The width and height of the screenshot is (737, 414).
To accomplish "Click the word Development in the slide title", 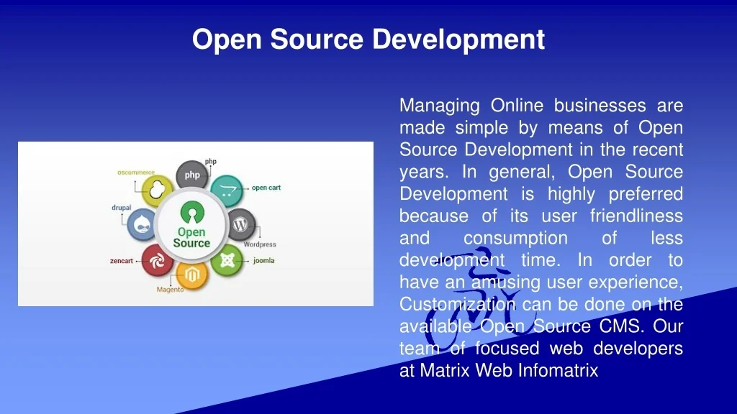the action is click(x=458, y=40).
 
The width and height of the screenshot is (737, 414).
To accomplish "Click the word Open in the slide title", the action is click(x=227, y=40).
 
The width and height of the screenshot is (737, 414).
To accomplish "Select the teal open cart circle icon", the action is click(x=227, y=190).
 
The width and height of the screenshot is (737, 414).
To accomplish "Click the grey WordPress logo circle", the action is click(x=241, y=224).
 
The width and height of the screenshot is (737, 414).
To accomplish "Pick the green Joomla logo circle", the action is click(x=227, y=259).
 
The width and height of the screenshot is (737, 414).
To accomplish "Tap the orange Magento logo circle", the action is click(x=191, y=275).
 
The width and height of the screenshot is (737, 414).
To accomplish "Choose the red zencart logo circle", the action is click(x=157, y=260).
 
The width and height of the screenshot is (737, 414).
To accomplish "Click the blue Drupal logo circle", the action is click(x=142, y=225).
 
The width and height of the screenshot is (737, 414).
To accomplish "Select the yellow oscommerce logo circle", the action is click(x=157, y=190).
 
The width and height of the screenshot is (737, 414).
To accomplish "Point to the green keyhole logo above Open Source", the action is click(x=192, y=212).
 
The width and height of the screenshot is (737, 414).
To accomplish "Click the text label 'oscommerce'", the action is click(x=136, y=172).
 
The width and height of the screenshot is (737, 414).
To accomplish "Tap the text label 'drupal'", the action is click(x=121, y=208).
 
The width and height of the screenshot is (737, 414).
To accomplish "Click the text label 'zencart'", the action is click(x=121, y=261).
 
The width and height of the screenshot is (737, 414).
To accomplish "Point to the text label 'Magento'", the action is click(x=170, y=290).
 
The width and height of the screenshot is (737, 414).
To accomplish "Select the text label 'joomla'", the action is click(x=263, y=260).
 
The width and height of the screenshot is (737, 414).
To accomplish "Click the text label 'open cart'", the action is click(x=266, y=188).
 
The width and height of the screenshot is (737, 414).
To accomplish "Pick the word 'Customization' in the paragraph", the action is click(x=457, y=304).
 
